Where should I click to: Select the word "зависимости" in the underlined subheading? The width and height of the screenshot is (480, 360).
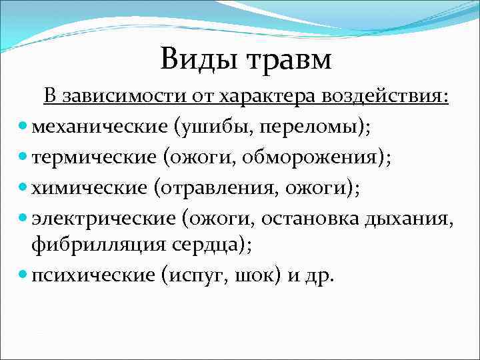coord(107,97)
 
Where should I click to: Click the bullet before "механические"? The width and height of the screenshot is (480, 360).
coord(24,127)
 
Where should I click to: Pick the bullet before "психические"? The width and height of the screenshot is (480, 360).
coord(24,275)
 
